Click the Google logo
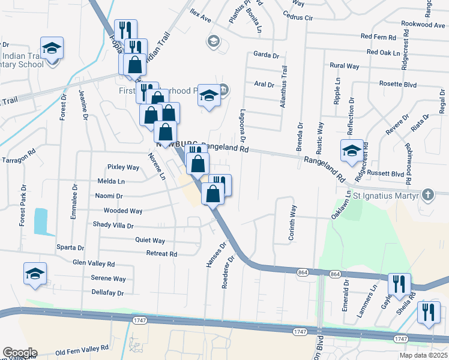click(x=19, y=353)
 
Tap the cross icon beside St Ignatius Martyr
click(x=427, y=195)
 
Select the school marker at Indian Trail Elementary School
click(x=52, y=49)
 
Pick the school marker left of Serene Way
click(x=35, y=274)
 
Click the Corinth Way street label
click(x=292, y=223)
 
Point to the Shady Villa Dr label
click(x=113, y=226)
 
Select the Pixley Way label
click(x=123, y=167)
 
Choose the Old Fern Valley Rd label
click(x=82, y=347)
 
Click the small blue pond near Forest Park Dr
click(x=40, y=221)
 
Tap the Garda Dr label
click(x=267, y=55)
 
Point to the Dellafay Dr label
click(x=107, y=293)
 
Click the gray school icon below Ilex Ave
click(x=212, y=41)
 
